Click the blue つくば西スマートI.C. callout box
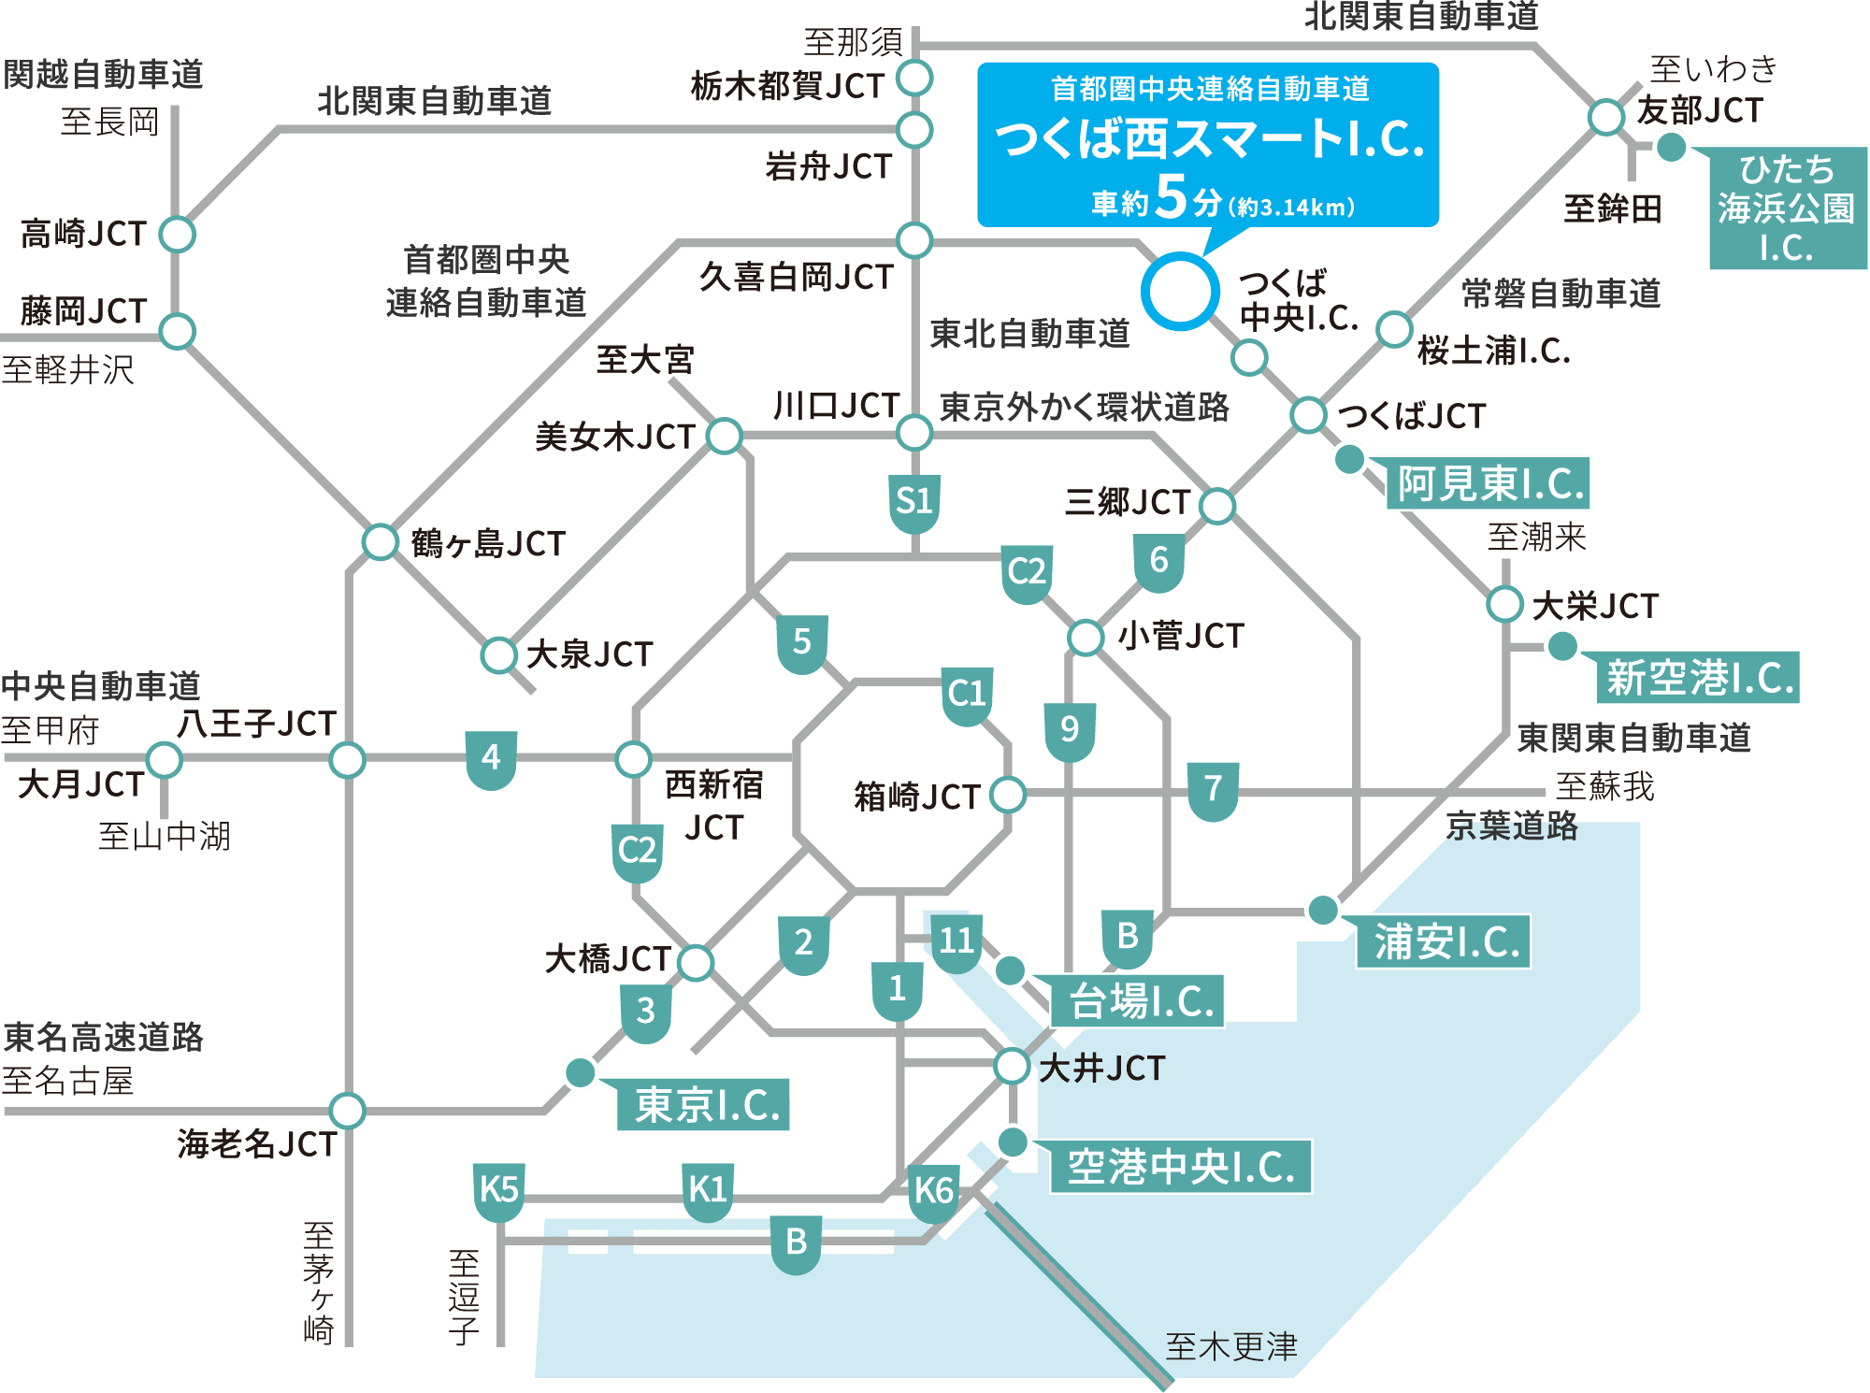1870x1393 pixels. pyautogui.click(x=1207, y=144)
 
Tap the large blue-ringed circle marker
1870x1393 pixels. pyautogui.click(x=1180, y=291)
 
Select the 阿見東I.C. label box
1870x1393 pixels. pyautogui.click(x=1489, y=484)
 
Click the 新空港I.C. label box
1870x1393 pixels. pyautogui.click(x=1698, y=678)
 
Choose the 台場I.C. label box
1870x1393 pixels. pyautogui.click(x=1138, y=1001)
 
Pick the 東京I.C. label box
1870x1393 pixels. pyautogui.click(x=704, y=1105)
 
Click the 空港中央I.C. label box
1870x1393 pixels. pyautogui.click(x=1180, y=1167)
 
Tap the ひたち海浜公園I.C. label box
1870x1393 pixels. pyautogui.click(x=1787, y=208)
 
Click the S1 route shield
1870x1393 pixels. pyautogui.click(x=913, y=502)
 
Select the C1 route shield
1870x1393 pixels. pyautogui.click(x=967, y=695)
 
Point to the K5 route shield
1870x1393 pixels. pyautogui.click(x=498, y=1191)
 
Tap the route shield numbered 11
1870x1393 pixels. pyautogui.click(x=957, y=941)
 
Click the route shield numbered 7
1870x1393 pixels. pyautogui.click(x=1213, y=789)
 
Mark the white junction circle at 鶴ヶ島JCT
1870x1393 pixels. pyautogui.click(x=381, y=541)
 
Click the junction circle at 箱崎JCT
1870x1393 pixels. pyautogui.click(x=1008, y=795)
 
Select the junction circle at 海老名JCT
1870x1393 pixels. pyautogui.click(x=347, y=1111)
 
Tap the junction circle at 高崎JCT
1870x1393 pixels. pyautogui.click(x=177, y=234)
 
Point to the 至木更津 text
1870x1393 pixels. pyautogui.click(x=1231, y=1347)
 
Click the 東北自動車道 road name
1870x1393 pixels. pyautogui.click(x=1029, y=334)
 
